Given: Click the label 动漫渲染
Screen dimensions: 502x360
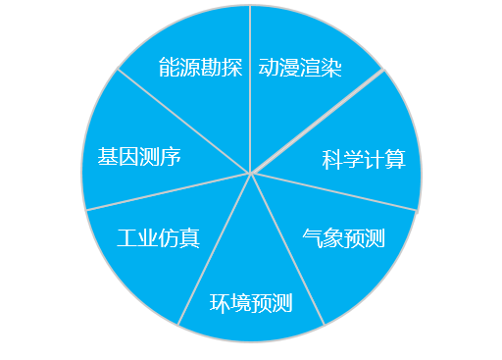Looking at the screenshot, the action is pyautogui.click(x=300, y=69).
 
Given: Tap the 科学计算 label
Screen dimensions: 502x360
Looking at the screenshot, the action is pyautogui.click(x=364, y=160).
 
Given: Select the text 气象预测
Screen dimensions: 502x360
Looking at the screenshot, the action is pyautogui.click(x=343, y=238).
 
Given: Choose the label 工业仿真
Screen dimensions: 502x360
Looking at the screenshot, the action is pyautogui.click(x=158, y=238).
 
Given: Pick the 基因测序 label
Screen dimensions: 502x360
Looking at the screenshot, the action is pyautogui.click(x=138, y=157).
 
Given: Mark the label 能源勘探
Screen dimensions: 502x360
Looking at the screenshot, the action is pyautogui.click(x=199, y=69).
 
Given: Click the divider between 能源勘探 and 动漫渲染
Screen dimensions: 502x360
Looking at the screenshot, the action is pyautogui.click(x=251, y=88).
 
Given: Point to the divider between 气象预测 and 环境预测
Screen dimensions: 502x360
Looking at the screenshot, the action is pyautogui.click(x=287, y=249).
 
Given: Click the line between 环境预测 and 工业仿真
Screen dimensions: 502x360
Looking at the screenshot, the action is pyautogui.click(x=215, y=249).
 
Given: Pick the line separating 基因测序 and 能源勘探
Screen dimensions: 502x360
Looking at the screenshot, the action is pyautogui.click(x=183, y=122).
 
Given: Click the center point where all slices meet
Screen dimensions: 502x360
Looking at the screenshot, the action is pyautogui.click(x=251, y=175).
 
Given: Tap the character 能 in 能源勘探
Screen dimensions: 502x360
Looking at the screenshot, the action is pyautogui.click(x=168, y=69).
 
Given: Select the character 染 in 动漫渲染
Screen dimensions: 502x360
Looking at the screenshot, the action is pyautogui.click(x=331, y=69).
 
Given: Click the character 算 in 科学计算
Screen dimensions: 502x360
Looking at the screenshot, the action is pyautogui.click(x=395, y=160).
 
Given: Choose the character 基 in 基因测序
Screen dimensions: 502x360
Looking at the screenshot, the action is pyautogui.click(x=107, y=157).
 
